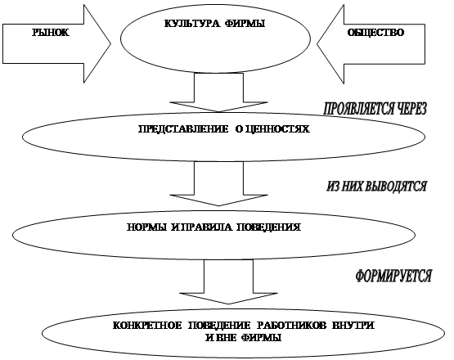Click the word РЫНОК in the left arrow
51,33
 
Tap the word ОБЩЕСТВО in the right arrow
375,33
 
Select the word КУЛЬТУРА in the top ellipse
192,24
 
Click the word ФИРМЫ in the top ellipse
245,24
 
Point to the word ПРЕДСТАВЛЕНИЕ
183,129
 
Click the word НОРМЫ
146,227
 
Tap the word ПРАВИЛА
206,227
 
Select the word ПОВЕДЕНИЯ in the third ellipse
269,227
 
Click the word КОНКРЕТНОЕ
147,326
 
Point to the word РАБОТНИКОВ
291,326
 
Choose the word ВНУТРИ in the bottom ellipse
353,326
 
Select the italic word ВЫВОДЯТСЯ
396,187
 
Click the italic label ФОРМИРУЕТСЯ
393,276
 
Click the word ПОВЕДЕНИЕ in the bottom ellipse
219,326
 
